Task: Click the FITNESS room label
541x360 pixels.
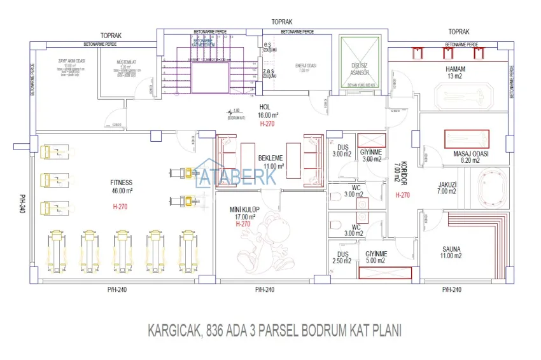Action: (121, 182)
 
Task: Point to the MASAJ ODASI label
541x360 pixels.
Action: (470, 153)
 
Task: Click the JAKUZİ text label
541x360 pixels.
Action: (447, 185)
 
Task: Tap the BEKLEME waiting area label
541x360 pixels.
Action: (270, 157)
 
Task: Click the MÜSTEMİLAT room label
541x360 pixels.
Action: (127, 62)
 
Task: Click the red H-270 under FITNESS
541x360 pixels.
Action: (121, 206)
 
